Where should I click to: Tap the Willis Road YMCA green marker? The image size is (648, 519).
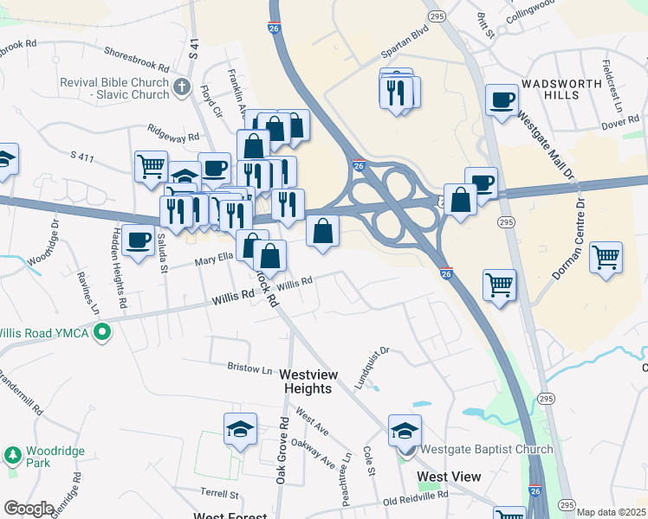tap(102, 331)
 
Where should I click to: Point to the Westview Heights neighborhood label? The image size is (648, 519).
tap(308, 381)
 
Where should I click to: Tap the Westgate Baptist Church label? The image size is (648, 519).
tap(486, 449)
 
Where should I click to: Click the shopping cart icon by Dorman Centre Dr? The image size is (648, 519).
tap(606, 257)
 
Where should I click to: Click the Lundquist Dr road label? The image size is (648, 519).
tap(372, 368)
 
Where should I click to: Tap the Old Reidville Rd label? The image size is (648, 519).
tap(416, 499)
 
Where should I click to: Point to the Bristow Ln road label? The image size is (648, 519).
tap(249, 368)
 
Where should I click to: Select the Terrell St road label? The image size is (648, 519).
tap(220, 494)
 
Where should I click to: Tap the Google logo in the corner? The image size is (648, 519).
tap(28, 509)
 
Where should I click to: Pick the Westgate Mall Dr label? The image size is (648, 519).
tap(545, 143)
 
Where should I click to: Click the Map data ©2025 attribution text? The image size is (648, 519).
tap(611, 512)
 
